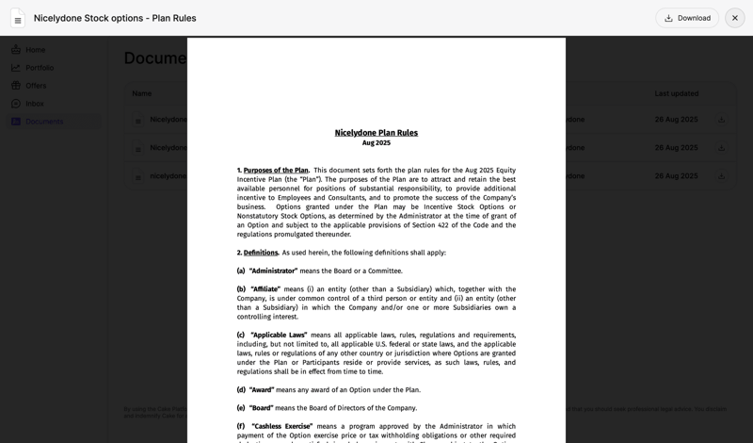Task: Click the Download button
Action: click(687, 18)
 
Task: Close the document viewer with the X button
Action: click(735, 18)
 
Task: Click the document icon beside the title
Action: click(18, 18)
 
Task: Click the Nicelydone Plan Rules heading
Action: click(376, 133)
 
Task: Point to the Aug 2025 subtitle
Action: click(376, 143)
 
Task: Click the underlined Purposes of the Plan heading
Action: click(276, 171)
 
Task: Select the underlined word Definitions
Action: click(261, 253)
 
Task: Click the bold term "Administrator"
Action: click(273, 271)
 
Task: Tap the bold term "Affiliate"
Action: click(265, 289)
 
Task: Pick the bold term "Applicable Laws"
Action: click(279, 335)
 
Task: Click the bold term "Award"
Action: click(262, 389)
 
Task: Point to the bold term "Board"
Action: click(261, 408)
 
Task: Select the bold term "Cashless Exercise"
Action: click(281, 426)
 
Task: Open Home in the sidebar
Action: click(35, 50)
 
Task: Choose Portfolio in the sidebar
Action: click(40, 68)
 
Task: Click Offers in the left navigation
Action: click(36, 86)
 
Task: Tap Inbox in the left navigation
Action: click(35, 104)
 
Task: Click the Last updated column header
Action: click(677, 93)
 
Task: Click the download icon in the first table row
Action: click(722, 120)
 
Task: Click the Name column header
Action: click(142, 93)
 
